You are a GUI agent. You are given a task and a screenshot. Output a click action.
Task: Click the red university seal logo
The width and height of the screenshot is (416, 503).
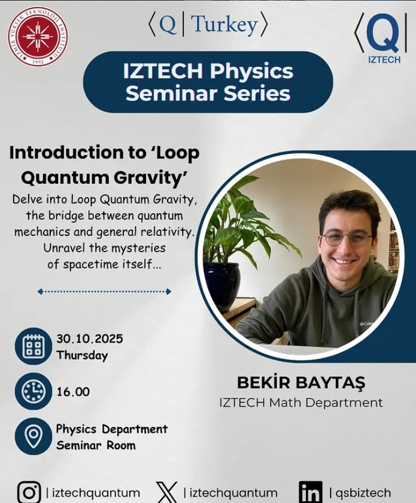click(38, 37)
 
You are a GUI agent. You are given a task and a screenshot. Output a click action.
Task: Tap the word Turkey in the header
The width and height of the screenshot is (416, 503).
click(225, 25)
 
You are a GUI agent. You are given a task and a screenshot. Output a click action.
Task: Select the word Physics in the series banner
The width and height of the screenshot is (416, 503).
click(251, 71)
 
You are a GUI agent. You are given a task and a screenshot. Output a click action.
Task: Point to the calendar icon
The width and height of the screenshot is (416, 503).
click(34, 346)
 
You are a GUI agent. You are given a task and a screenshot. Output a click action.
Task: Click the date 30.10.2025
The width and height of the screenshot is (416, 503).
click(90, 339)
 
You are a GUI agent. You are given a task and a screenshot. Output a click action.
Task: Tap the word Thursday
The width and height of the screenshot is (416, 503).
click(82, 355)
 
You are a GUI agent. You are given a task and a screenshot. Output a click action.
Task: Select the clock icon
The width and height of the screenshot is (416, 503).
click(34, 391)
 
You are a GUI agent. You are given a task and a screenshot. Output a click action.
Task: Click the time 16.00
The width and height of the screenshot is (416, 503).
click(73, 392)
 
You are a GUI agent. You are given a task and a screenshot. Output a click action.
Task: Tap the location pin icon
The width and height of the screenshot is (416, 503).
click(34, 437)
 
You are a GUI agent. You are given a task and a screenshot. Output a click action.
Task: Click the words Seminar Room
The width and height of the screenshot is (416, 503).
click(96, 446)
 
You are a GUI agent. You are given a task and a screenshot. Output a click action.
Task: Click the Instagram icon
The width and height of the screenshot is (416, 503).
click(29, 492)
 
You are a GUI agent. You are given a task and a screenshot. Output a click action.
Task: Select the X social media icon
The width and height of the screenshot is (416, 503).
click(167, 492)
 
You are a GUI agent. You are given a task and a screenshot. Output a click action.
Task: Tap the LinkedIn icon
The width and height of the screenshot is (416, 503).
click(311, 492)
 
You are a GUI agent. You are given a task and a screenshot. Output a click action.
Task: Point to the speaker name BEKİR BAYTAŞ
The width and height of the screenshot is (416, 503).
click(301, 383)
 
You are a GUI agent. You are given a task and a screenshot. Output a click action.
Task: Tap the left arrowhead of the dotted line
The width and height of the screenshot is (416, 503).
click(40, 292)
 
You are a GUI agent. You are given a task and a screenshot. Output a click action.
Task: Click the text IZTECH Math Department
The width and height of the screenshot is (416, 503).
click(301, 402)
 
